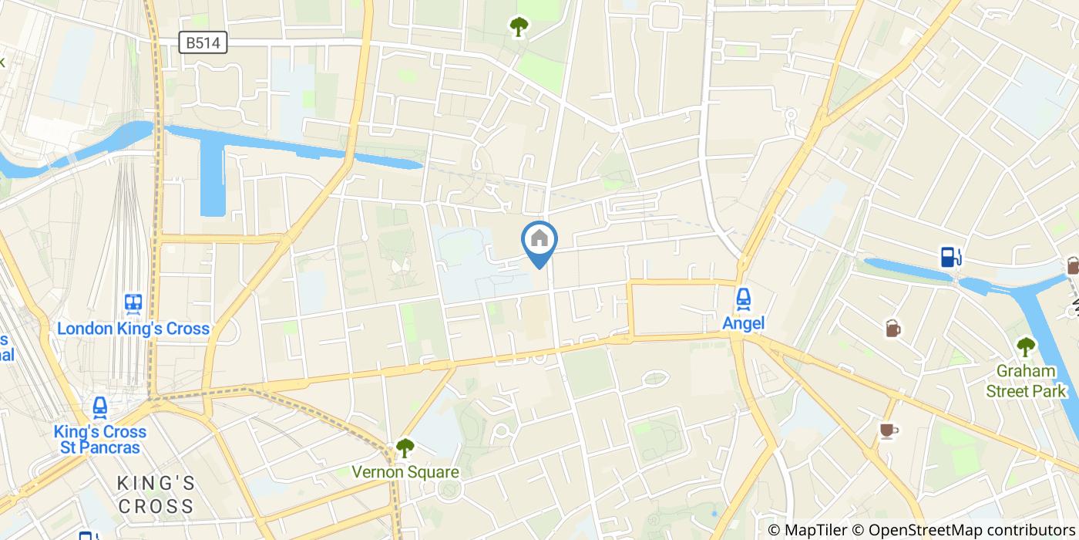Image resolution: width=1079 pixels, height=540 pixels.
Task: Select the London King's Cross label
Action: tap(133, 329)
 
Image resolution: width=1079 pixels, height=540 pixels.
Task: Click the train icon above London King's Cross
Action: tap(133, 303)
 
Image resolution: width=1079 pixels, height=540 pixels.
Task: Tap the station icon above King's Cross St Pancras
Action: tap(99, 407)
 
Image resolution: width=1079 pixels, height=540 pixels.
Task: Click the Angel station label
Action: tap(743, 323)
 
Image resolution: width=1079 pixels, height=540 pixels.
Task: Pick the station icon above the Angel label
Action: tap(743, 299)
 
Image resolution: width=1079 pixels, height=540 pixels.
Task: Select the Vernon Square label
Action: tap(405, 472)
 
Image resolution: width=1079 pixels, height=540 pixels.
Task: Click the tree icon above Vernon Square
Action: tap(405, 447)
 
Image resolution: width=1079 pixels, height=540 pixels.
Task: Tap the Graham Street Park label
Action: tap(1026, 381)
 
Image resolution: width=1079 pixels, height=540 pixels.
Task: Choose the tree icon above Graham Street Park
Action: tap(1025, 347)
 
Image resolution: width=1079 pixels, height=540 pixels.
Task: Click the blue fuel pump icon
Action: tap(950, 257)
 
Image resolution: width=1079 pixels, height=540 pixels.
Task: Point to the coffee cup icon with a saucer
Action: tap(888, 430)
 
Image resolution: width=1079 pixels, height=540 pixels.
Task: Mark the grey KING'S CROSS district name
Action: tap(156, 494)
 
